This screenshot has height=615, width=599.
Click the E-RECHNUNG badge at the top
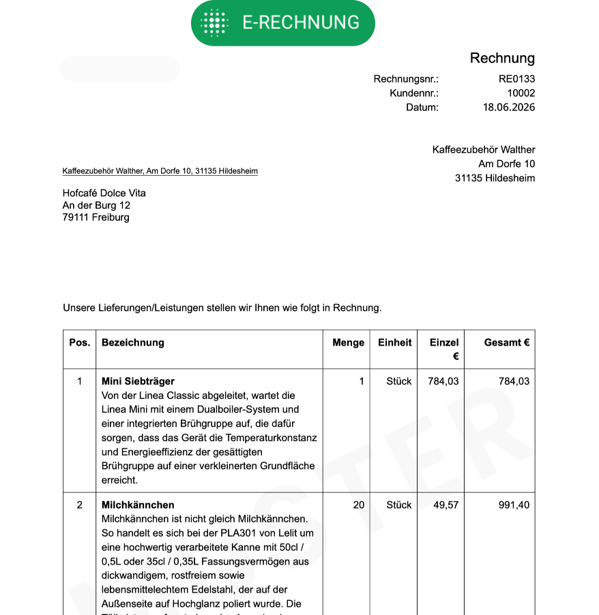point(282,22)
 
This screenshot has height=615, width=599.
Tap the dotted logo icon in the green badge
point(215,22)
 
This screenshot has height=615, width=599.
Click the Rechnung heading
point(502,58)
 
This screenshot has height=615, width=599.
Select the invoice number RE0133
point(516,79)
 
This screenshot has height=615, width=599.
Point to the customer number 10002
point(521,93)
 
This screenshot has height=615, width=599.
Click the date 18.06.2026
point(509,107)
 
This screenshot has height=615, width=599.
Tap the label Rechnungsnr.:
point(406,79)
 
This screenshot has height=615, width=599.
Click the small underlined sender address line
point(160,171)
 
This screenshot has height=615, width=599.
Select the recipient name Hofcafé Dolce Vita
point(104,193)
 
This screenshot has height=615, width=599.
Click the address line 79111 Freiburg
point(96,217)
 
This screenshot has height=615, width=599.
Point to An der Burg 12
point(96,205)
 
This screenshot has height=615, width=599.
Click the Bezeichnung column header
point(133,342)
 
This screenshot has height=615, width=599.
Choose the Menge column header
point(348,342)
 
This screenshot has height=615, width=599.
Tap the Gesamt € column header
point(507,342)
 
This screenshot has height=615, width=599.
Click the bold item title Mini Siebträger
point(138,381)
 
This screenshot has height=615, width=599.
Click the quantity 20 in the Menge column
point(359,505)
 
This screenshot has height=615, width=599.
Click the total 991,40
point(514,505)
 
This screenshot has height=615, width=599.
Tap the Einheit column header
point(395,342)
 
